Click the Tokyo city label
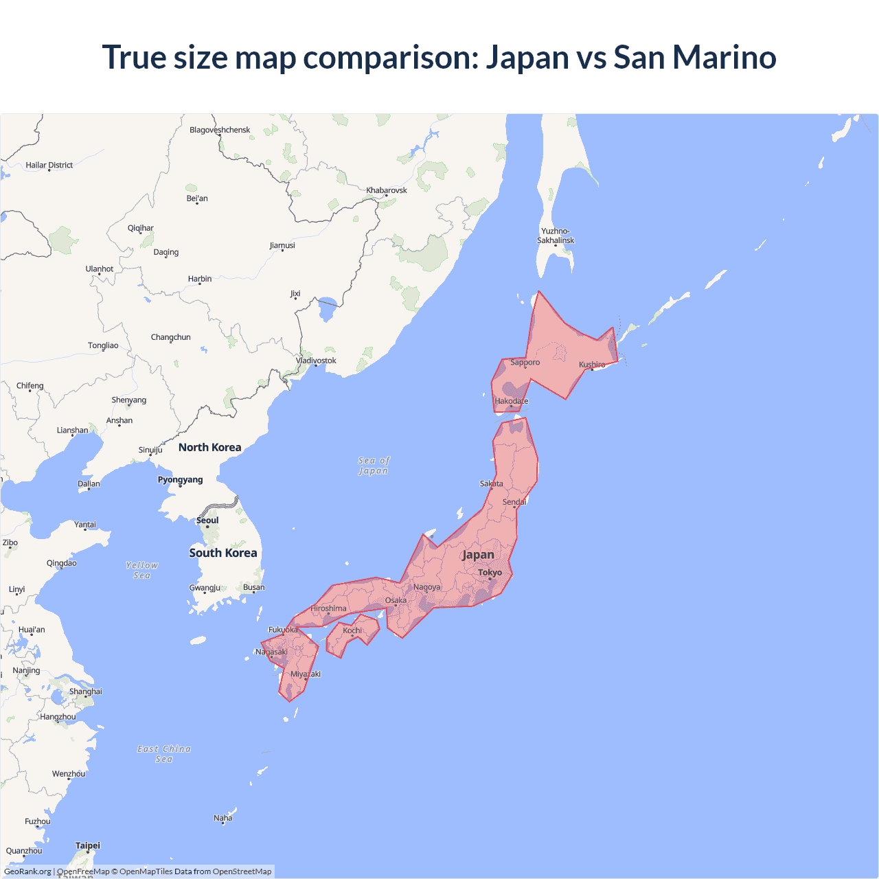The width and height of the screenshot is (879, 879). click(490, 572)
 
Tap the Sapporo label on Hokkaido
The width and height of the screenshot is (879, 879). click(525, 362)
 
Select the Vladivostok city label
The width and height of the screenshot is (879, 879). click(316, 361)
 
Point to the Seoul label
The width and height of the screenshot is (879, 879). click(207, 520)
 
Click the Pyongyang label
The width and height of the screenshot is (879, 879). click(180, 479)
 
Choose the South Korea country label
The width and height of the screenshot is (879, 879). click(223, 553)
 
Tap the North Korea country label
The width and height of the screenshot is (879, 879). click(209, 447)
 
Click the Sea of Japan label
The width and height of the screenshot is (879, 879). click(374, 466)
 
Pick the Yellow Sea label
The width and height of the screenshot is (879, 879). click(142, 570)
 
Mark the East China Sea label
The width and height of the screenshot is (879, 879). click(164, 753)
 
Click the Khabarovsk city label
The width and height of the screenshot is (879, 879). click(387, 190)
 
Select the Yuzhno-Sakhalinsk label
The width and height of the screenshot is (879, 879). click(556, 236)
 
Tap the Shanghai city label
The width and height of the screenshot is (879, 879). click(86, 692)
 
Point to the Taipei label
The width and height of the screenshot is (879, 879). click(88, 845)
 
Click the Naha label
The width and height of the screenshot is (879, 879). click(223, 818)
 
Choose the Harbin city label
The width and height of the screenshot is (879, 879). click(200, 279)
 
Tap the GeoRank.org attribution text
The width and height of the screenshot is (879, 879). click(27, 871)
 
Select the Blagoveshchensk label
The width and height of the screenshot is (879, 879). click(220, 130)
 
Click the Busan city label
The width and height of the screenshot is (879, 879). click(253, 587)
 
